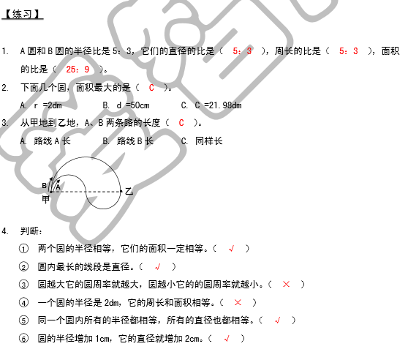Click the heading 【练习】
click(23, 15)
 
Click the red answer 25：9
click(78, 70)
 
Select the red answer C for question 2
click(151, 88)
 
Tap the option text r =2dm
click(48, 105)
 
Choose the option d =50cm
click(133, 105)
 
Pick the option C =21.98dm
click(218, 105)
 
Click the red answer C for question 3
click(181, 123)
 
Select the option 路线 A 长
click(52, 141)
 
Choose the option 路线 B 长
click(135, 141)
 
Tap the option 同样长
click(209, 141)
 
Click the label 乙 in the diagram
click(129, 192)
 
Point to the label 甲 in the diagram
click(46, 200)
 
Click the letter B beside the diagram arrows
click(44, 186)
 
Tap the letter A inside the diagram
click(58, 187)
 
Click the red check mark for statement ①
click(231, 249)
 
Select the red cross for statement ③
click(286, 284)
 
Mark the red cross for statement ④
click(238, 302)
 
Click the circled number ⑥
click(23, 339)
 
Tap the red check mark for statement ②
click(158, 267)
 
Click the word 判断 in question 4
click(30, 230)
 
